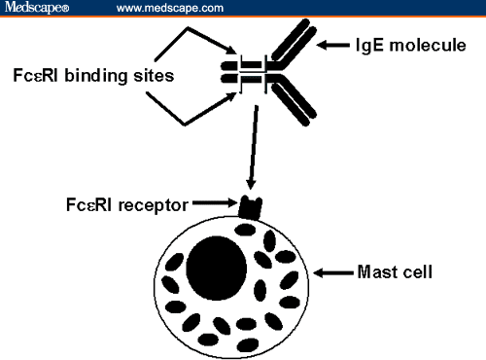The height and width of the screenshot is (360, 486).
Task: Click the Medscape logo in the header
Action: point(35,8)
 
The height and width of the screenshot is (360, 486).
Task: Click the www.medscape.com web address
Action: point(170,8)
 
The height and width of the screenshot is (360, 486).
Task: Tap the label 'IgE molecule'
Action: point(404,44)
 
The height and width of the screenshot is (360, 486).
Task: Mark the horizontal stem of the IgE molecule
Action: point(246,72)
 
